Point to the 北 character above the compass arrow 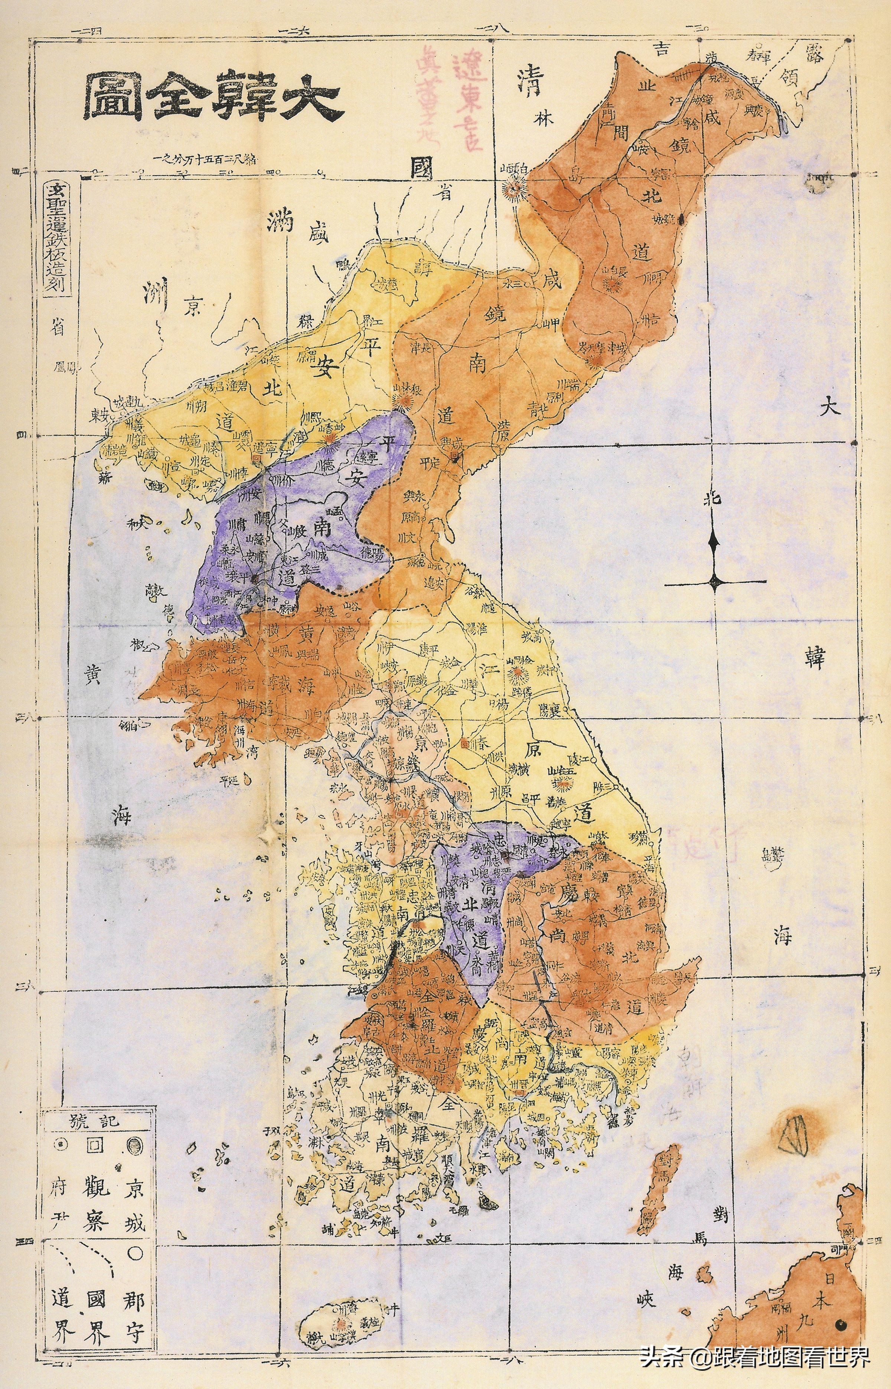point(715,499)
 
